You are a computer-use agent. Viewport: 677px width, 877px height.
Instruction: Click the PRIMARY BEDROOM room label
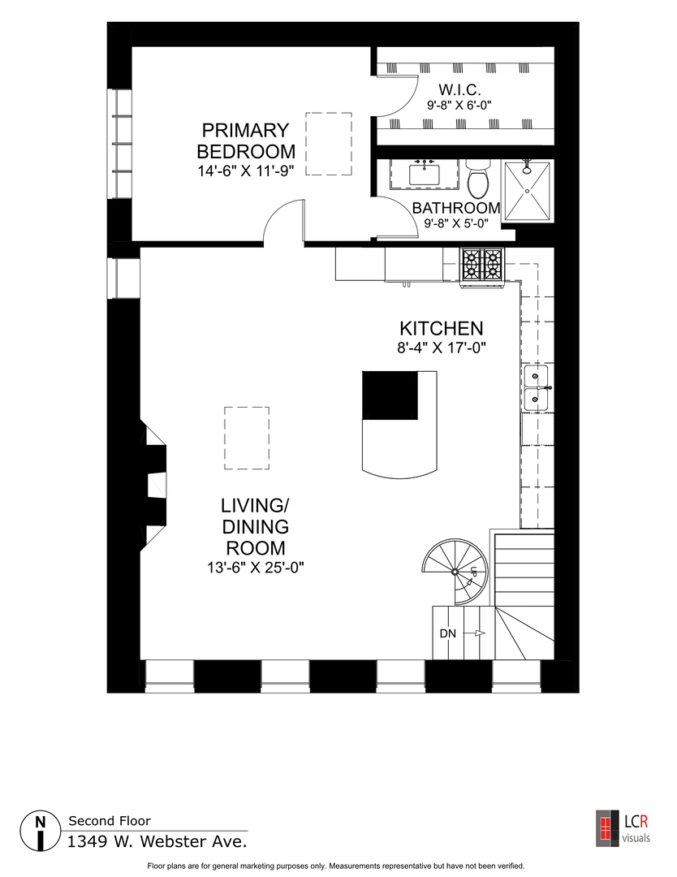[x=246, y=140]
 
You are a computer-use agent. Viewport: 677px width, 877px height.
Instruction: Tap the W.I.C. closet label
[x=460, y=89]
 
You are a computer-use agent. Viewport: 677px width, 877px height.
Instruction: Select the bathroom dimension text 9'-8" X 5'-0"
[x=455, y=222]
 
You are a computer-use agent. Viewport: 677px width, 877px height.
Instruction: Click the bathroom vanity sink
[x=424, y=173]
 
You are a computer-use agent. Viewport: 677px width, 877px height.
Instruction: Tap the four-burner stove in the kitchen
[x=481, y=265]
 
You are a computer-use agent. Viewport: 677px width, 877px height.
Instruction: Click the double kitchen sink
[x=536, y=387]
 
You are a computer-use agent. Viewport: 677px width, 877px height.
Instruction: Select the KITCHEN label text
[x=441, y=329]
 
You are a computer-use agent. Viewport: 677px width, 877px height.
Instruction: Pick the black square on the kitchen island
[x=390, y=395]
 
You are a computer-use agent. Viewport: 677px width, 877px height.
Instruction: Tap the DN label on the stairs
[x=447, y=633]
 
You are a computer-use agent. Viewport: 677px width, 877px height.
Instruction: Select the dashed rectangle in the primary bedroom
[x=328, y=145]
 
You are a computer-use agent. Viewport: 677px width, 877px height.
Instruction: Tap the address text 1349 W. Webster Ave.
[x=157, y=842]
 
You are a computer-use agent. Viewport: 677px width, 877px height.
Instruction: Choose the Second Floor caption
[x=110, y=821]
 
